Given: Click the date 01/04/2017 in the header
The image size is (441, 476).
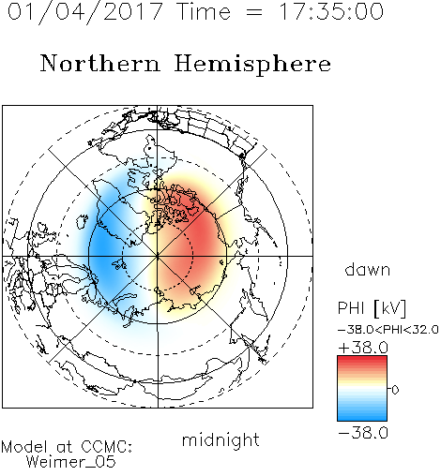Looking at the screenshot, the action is pos(85,11).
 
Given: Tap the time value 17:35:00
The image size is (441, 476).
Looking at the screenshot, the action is pos(331,11).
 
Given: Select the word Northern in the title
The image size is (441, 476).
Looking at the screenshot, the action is pos(100,63).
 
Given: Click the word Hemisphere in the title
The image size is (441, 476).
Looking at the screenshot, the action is pos(252,65).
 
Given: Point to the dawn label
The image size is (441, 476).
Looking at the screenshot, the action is pos(368,269).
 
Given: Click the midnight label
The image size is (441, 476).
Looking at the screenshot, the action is pos(220,439).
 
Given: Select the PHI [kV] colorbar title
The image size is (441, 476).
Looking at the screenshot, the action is pos(372,308).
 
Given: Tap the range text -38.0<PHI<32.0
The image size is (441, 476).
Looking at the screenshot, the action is pos(388,330).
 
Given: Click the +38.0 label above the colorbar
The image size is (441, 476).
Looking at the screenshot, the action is pos(363,348).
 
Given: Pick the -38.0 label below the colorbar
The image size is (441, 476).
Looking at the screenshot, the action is pos(363,433).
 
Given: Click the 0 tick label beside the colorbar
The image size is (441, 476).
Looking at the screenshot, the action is pos(395,390).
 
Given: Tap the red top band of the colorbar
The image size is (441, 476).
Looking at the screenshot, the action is pos(362,360).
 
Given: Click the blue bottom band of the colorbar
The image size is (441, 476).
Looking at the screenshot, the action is pos(362,416).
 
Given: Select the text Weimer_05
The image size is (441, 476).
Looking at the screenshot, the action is pos(71,462).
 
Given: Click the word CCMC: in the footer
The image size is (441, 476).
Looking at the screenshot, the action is pos(107,447).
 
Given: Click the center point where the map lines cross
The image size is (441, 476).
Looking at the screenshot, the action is pos(158,256).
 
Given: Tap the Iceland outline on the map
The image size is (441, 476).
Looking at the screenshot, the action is pos(82,221).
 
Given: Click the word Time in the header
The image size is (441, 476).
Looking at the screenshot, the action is pos(204,11).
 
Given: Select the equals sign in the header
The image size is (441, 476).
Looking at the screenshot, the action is pos(254,12).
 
